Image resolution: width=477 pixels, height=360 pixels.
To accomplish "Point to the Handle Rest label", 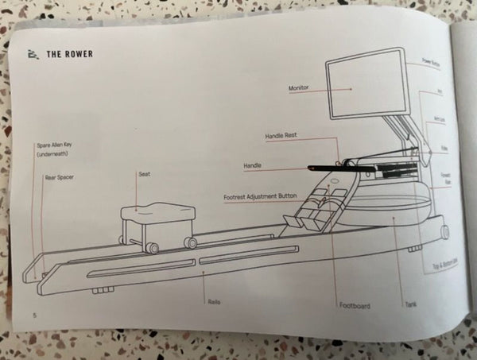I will tap(280, 137).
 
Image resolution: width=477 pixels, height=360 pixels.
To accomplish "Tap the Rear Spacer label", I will tap(60, 178).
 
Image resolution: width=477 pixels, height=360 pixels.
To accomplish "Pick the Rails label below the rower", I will tap(213, 302).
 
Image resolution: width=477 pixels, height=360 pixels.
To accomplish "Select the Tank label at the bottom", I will tap(411, 303).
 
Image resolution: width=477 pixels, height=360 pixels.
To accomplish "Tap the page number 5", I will tap(34, 315).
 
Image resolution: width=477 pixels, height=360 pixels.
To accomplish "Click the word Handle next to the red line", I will tap(253, 166).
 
